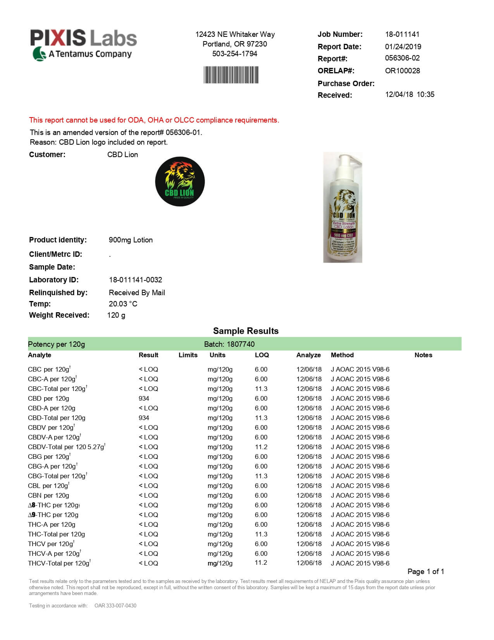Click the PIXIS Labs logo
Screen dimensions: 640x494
click(84, 45)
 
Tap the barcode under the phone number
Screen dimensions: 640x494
click(231, 75)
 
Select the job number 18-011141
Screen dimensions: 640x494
click(402, 34)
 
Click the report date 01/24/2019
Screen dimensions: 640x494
click(403, 47)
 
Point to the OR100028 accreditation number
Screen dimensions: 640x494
click(402, 71)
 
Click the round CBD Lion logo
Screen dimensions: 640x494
click(180, 182)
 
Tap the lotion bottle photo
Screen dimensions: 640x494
click(343, 208)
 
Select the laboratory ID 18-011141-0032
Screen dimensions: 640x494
click(135, 280)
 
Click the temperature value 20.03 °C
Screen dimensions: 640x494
click(123, 304)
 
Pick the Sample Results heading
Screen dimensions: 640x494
click(246, 331)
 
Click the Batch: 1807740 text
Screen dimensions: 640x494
click(229, 344)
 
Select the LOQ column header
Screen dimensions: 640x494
click(262, 355)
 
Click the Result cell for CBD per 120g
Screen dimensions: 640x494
click(144, 398)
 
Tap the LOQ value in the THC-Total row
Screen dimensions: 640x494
click(261, 534)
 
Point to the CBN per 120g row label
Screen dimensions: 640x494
click(48, 495)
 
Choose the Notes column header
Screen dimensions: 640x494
click(423, 355)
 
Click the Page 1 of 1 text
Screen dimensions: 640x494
click(425, 571)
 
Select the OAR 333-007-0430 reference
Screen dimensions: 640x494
click(115, 605)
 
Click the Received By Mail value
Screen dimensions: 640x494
click(137, 292)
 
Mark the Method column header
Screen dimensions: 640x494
click(342, 355)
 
